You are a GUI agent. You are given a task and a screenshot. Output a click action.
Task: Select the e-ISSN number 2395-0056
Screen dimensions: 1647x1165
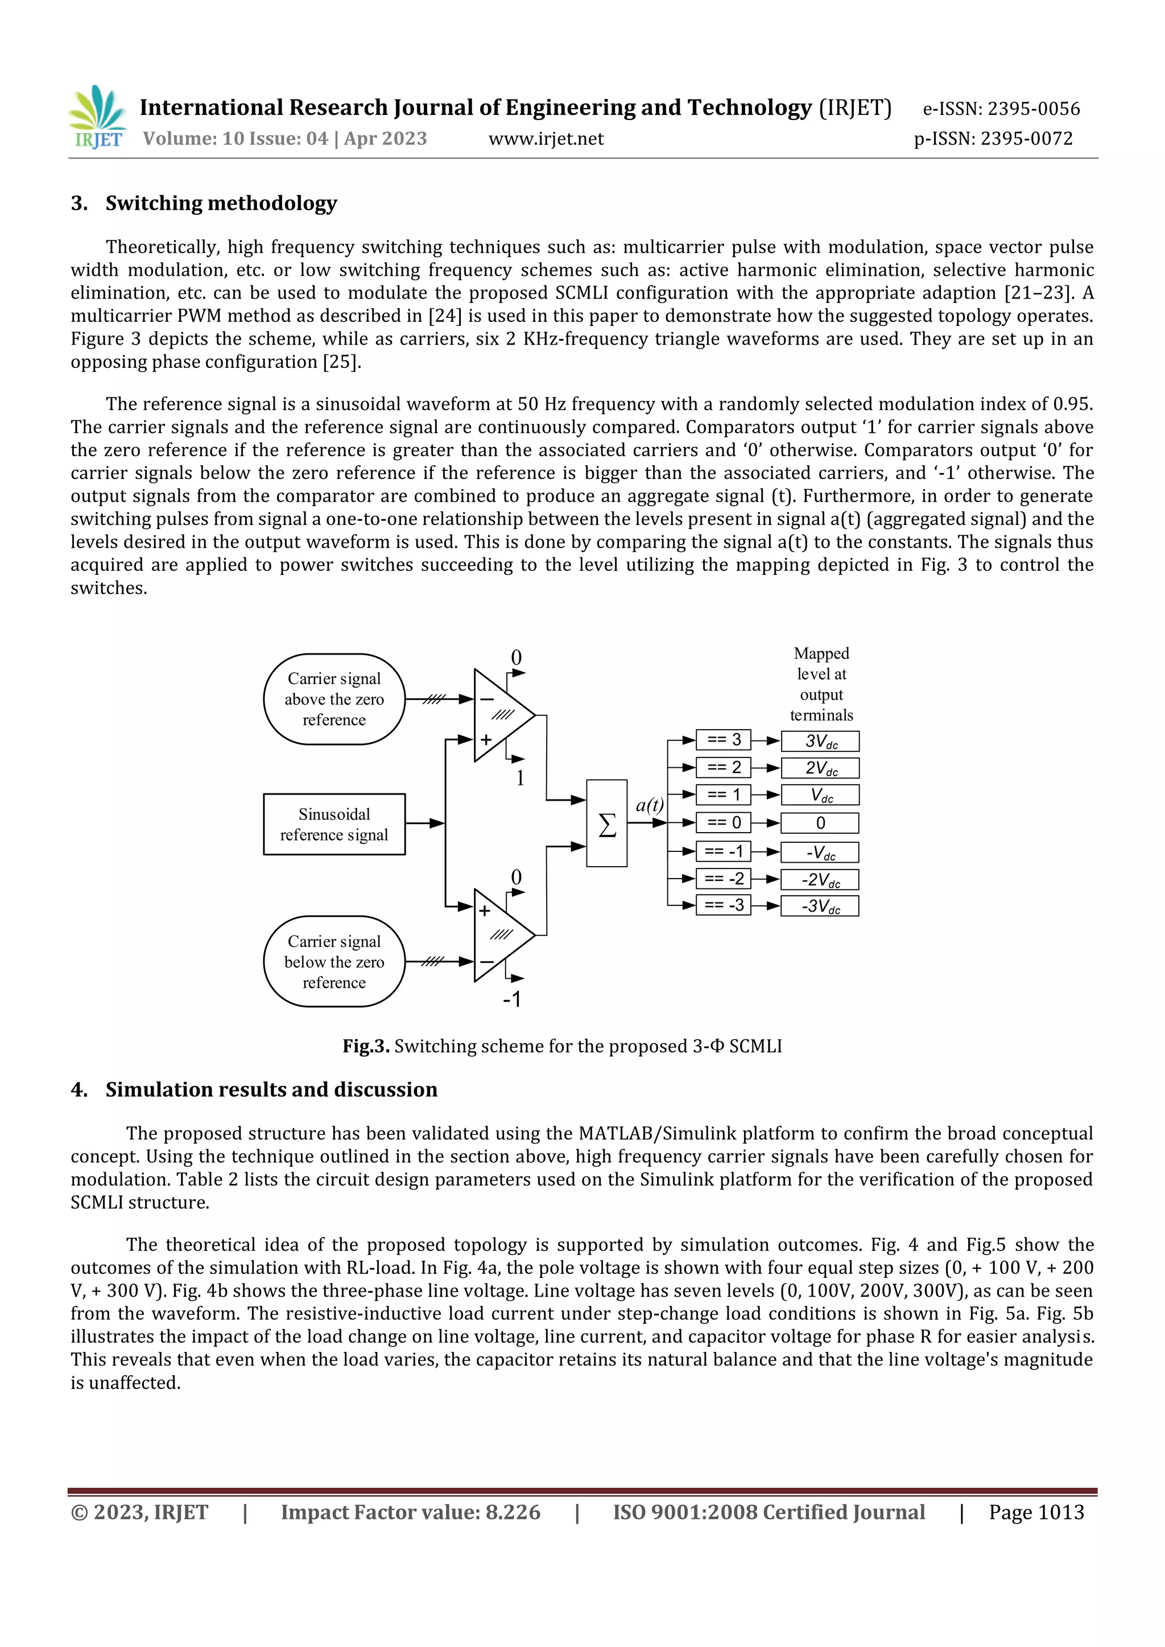(1033, 109)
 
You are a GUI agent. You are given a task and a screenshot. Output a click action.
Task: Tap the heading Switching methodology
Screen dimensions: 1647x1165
(220, 204)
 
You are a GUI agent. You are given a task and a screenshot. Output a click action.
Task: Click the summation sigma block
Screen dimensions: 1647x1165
(606, 823)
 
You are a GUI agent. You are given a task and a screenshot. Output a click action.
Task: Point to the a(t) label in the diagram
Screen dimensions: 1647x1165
(649, 805)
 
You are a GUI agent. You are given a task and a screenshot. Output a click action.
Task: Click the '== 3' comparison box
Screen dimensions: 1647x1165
(723, 739)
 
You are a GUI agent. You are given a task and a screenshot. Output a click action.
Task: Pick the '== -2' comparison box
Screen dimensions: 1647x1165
(723, 879)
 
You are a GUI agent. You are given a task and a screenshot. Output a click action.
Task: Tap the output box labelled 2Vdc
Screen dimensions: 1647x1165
(820, 768)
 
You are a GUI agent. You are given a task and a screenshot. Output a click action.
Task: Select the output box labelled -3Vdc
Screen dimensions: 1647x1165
(820, 906)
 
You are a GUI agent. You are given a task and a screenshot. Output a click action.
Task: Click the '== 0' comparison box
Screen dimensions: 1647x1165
(723, 823)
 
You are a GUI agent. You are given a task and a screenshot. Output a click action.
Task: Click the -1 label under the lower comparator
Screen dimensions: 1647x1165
(511, 999)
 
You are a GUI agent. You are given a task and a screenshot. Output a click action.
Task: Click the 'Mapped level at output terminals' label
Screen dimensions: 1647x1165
(821, 684)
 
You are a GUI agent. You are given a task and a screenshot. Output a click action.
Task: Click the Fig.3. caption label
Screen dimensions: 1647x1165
(366, 1046)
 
